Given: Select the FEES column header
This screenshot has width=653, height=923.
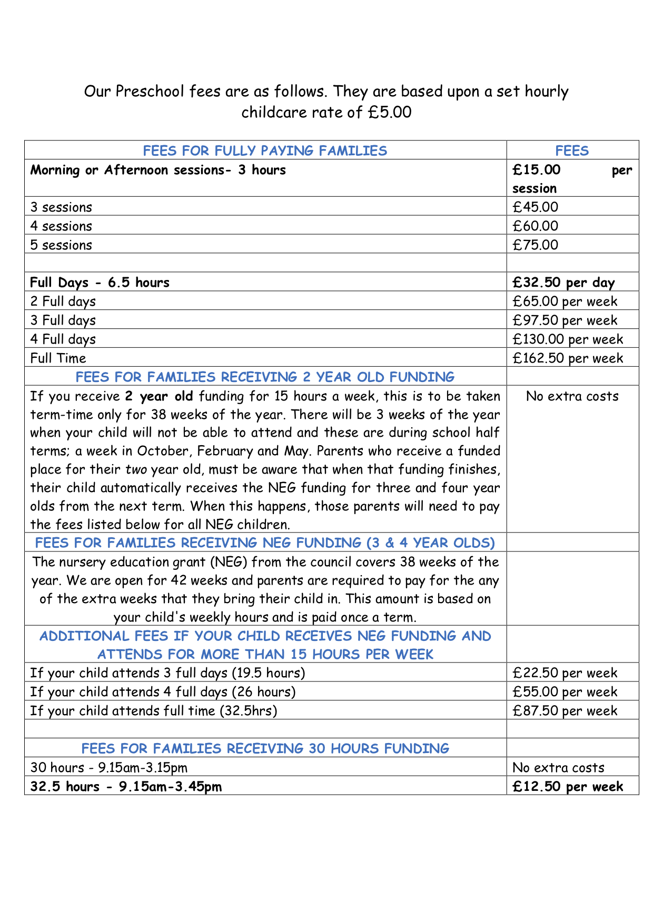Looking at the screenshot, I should click(572, 151).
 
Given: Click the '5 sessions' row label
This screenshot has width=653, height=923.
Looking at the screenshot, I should click(61, 245).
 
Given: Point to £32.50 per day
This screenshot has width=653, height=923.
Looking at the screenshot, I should click(563, 283).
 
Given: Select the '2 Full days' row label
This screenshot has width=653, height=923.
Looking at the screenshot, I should click(63, 302).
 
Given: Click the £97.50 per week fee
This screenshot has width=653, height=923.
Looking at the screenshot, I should click(565, 320).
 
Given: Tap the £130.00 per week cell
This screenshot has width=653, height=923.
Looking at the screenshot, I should click(568, 339).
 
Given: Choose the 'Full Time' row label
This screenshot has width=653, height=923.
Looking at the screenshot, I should click(58, 358).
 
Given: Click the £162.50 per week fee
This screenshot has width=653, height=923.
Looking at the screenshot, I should click(568, 358).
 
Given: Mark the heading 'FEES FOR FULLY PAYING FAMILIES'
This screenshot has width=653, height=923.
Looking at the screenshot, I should click(265, 151).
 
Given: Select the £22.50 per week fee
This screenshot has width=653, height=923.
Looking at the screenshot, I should click(565, 673).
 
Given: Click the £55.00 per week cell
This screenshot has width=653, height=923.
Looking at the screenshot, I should click(565, 692).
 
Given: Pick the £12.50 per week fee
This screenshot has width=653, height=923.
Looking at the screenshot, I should click(568, 787).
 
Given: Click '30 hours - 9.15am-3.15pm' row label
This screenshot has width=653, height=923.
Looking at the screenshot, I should click(108, 768).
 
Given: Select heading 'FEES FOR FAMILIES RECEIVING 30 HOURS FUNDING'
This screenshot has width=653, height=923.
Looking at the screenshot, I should click(265, 748).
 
